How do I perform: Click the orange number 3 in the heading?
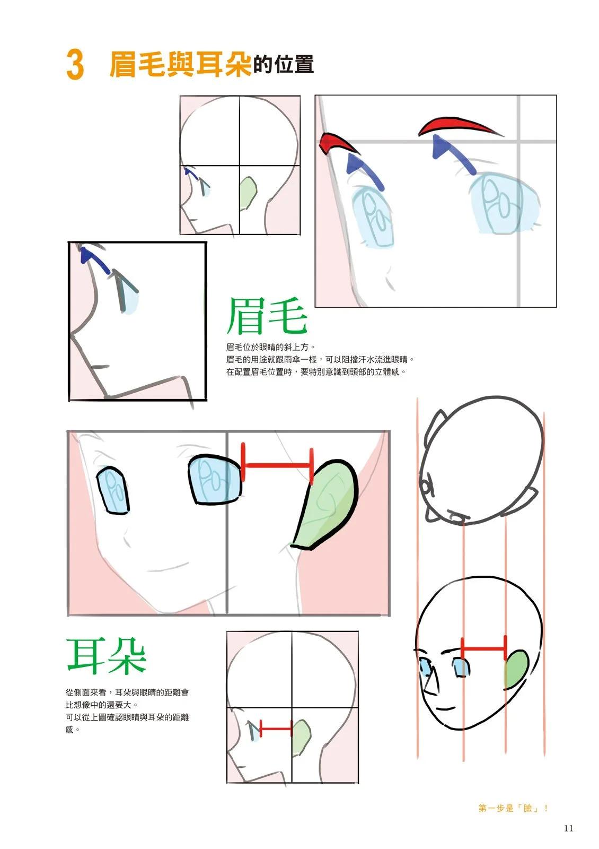tap(75, 64)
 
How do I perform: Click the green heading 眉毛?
tap(267, 316)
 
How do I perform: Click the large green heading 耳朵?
tap(107, 656)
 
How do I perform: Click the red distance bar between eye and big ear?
tap(277, 464)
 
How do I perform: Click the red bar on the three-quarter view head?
tap(483, 648)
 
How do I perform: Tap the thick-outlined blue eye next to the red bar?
tap(215, 480)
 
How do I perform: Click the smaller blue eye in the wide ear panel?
tap(113, 491)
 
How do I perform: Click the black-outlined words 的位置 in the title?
tap(284, 64)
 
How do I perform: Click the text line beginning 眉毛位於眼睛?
tap(271, 347)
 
